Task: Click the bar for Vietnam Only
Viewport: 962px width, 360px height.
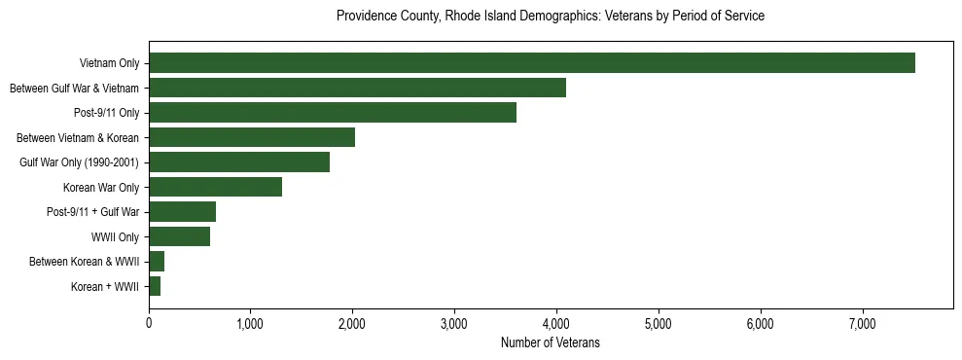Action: (531, 63)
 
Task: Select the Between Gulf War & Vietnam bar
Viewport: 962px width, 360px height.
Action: (357, 89)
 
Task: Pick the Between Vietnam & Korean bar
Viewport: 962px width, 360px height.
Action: (252, 137)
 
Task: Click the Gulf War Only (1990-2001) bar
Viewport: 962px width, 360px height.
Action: (239, 162)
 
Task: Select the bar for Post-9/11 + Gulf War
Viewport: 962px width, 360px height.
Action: (182, 212)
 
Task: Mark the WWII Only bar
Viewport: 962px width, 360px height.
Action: (179, 236)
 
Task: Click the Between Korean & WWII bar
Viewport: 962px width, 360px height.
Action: (157, 262)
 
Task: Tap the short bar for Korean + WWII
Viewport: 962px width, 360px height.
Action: (155, 286)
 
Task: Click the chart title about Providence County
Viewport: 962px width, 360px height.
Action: (550, 17)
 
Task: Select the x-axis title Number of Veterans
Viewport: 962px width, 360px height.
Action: (550, 343)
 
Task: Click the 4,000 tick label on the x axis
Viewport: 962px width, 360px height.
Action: (556, 323)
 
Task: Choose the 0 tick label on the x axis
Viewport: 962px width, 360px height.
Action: (149, 323)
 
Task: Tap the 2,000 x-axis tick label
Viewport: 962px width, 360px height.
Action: (352, 323)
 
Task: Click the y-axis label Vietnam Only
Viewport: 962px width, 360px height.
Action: (109, 64)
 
